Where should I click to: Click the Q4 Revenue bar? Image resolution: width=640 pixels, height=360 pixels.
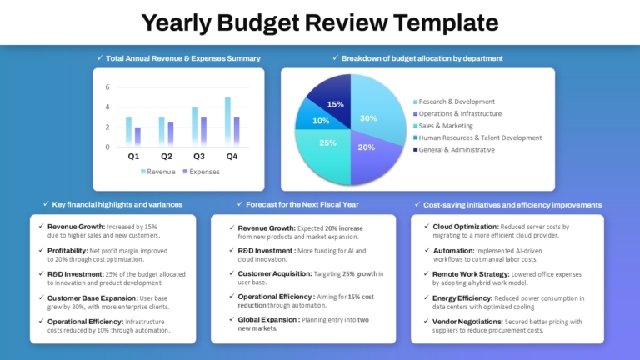point(227,122)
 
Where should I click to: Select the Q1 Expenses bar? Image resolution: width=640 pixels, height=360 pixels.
point(137,137)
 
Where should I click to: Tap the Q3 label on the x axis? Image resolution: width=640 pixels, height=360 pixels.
point(198,157)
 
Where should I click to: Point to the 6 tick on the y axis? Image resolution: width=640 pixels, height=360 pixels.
point(107,87)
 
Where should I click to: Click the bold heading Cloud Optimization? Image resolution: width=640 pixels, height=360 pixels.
point(466,227)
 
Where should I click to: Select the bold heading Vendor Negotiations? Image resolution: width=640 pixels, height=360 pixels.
point(469,321)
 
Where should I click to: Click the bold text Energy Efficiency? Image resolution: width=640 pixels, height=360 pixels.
point(462,297)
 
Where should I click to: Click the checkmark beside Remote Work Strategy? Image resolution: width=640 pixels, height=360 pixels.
point(425,273)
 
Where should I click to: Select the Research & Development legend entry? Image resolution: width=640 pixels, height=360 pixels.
point(456,102)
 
